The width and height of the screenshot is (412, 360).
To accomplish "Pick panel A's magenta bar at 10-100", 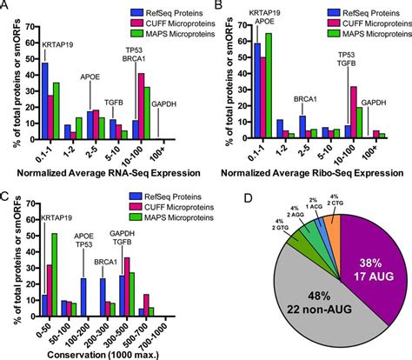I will tap(141, 104).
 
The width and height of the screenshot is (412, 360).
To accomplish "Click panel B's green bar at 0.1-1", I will tap(267, 86).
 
